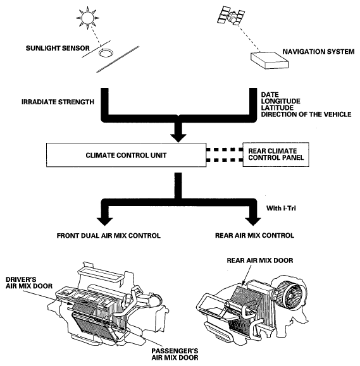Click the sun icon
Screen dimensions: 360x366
coord(87,18)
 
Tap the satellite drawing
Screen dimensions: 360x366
coord(231,16)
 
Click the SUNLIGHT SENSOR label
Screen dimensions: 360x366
coord(58,48)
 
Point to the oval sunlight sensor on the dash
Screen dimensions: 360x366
coord(106,52)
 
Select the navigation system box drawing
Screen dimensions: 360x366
coord(270,60)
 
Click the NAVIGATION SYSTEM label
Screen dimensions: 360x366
coord(318,52)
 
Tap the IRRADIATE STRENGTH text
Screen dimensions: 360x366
coord(58,102)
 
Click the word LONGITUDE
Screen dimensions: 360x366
coord(280,101)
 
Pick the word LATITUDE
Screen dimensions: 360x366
coord(277,108)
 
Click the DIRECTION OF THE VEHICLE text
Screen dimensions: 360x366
coord(306,114)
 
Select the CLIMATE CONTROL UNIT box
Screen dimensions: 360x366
coord(126,155)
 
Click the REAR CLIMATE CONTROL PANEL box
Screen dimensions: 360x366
coord(276,154)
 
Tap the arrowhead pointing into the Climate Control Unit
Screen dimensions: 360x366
coord(178,138)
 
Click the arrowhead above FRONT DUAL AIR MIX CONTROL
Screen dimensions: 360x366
coord(104,221)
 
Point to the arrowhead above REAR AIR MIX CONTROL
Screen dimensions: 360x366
coord(253,221)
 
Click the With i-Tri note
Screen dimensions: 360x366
coord(281,208)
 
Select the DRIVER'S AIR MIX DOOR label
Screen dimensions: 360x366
coord(29,283)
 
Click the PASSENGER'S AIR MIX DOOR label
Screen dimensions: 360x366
coord(175,354)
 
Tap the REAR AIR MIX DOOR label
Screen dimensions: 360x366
coord(260,260)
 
